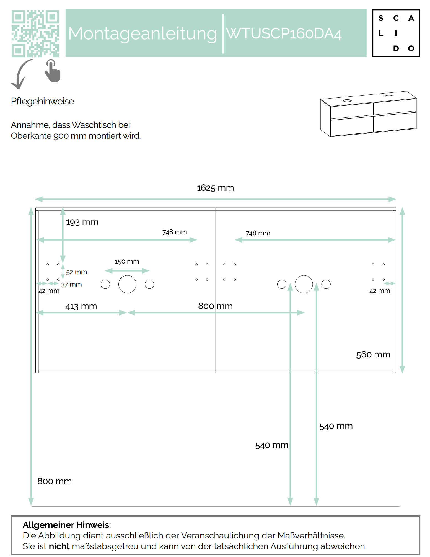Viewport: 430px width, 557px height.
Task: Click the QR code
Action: point(35,33)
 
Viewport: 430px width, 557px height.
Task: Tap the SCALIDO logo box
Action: point(396,33)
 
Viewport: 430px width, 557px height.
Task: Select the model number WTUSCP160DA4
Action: point(284,34)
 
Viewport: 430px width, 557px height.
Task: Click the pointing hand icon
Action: point(53,71)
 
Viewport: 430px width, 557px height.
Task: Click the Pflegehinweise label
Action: point(42,101)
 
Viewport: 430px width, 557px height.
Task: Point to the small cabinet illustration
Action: point(368,114)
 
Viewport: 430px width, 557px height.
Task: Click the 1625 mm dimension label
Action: point(215,188)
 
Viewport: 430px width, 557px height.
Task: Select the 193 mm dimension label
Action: point(82,222)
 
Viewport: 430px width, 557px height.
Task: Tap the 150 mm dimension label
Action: point(127,262)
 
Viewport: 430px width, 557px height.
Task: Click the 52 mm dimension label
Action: point(76,272)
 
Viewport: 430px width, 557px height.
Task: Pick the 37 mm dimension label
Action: point(71,285)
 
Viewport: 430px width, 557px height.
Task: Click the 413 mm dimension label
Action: point(81,306)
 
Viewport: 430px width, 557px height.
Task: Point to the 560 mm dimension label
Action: point(373,355)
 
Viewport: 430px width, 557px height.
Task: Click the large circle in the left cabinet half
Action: point(127,284)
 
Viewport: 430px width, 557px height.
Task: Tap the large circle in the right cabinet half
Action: point(304,284)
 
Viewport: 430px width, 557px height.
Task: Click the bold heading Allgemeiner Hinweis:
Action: point(67,525)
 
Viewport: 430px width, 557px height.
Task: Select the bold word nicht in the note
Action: point(59,546)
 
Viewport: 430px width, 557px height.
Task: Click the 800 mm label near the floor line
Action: point(55,481)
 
